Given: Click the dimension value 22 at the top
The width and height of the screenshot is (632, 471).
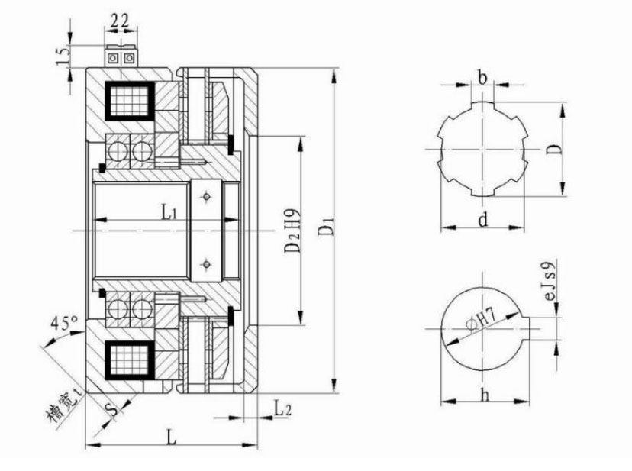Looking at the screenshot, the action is pos(120,20).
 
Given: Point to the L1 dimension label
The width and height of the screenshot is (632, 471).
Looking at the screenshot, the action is pos(169,212).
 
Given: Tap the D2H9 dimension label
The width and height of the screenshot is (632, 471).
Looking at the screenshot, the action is pos(292,231).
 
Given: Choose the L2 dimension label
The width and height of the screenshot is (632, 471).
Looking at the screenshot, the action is pos(282,408).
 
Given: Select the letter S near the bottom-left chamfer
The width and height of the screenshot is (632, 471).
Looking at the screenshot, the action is pos(114,409).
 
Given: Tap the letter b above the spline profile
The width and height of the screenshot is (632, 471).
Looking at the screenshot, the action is pos(482,77).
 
